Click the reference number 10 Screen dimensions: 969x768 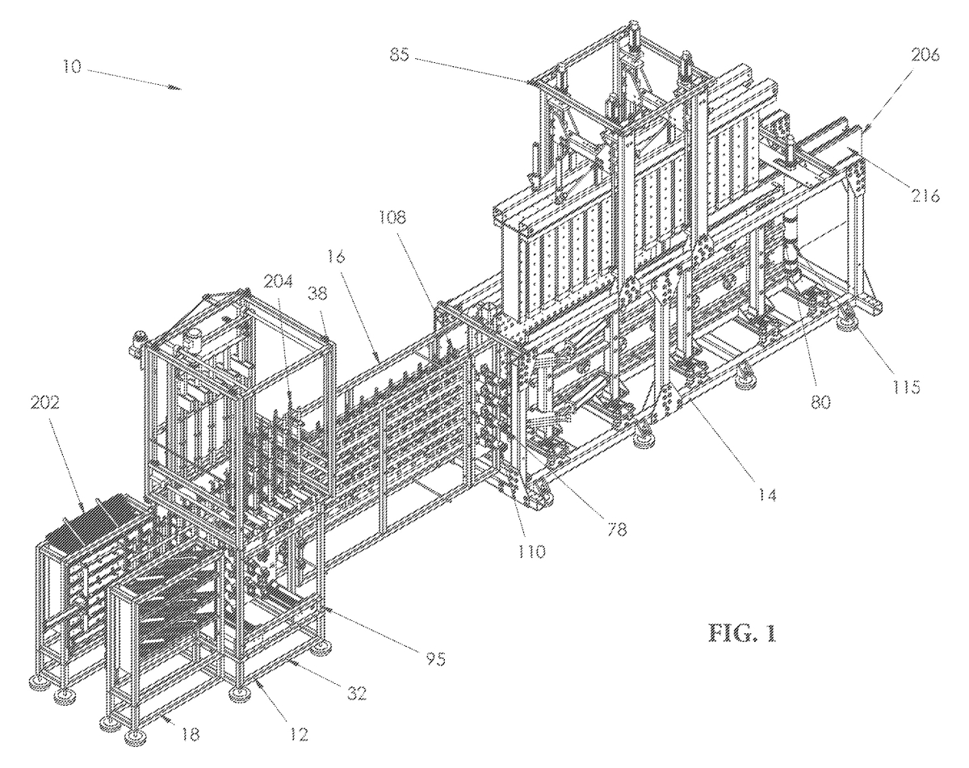coord(72,67)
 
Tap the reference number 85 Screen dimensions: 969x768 coord(401,56)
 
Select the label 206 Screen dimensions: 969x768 coord(926,56)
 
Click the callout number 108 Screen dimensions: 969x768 coord(392,217)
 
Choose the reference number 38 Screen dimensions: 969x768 coord(318,294)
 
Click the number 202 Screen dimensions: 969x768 coord(45,403)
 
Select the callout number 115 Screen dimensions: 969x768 coord(906,387)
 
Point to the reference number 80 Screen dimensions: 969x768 coord(820,402)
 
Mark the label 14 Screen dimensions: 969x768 coord(767,496)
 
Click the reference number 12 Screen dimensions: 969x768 coord(299,735)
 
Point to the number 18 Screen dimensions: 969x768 coord(189,735)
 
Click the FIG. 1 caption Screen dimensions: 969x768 coord(744,633)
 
